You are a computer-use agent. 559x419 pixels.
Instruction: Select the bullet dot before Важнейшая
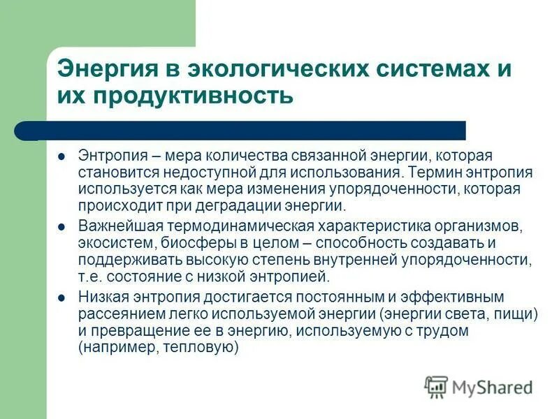point(61,227)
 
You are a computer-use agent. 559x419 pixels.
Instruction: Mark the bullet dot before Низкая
point(61,298)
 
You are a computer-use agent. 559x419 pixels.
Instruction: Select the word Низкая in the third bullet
point(102,298)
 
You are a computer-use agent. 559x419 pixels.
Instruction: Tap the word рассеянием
point(114,315)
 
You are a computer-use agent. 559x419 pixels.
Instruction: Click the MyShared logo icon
point(436,387)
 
